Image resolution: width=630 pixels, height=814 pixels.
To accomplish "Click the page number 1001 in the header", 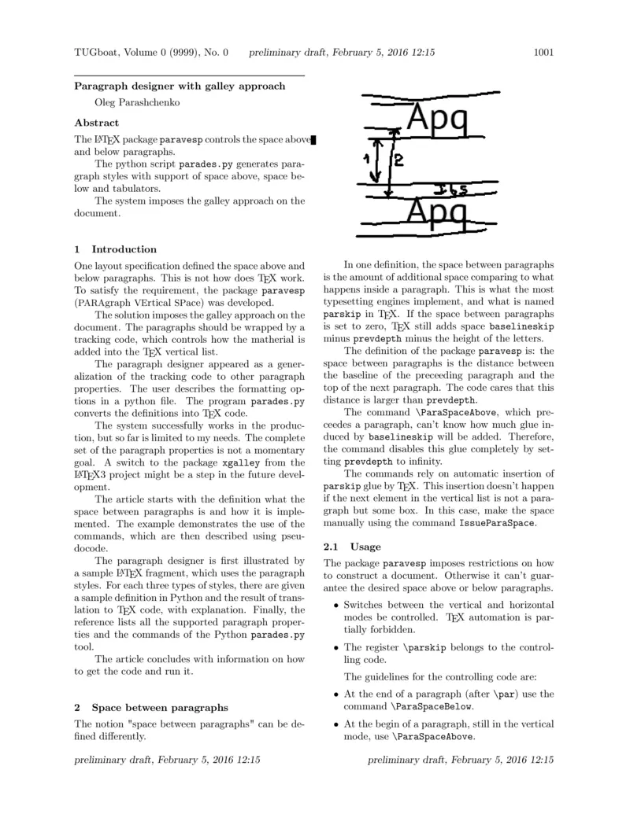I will [544, 53].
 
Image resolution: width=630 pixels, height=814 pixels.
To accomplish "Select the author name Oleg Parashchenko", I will [139, 101].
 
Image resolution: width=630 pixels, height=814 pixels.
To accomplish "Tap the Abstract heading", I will [97, 123].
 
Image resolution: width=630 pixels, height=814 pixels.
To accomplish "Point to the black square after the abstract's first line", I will [313, 140].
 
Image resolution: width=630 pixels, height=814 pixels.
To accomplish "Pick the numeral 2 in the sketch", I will [398, 160].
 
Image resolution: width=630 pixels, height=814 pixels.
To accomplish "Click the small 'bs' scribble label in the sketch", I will [451, 189].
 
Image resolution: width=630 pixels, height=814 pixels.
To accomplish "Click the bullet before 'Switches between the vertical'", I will [336, 605].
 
